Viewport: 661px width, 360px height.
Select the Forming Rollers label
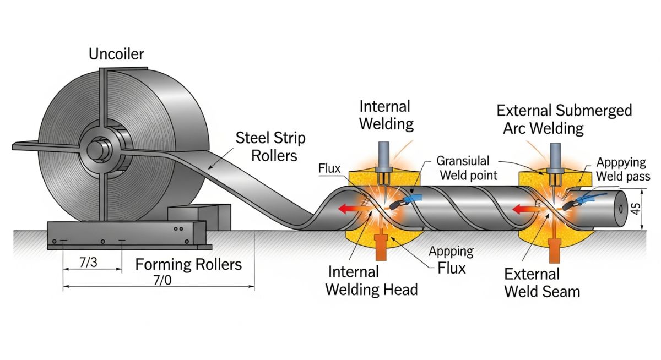pos(188,264)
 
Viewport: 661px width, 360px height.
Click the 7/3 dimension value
pos(88,263)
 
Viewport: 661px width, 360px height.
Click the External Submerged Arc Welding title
pos(564,119)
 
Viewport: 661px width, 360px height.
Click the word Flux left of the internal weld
pos(329,168)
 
